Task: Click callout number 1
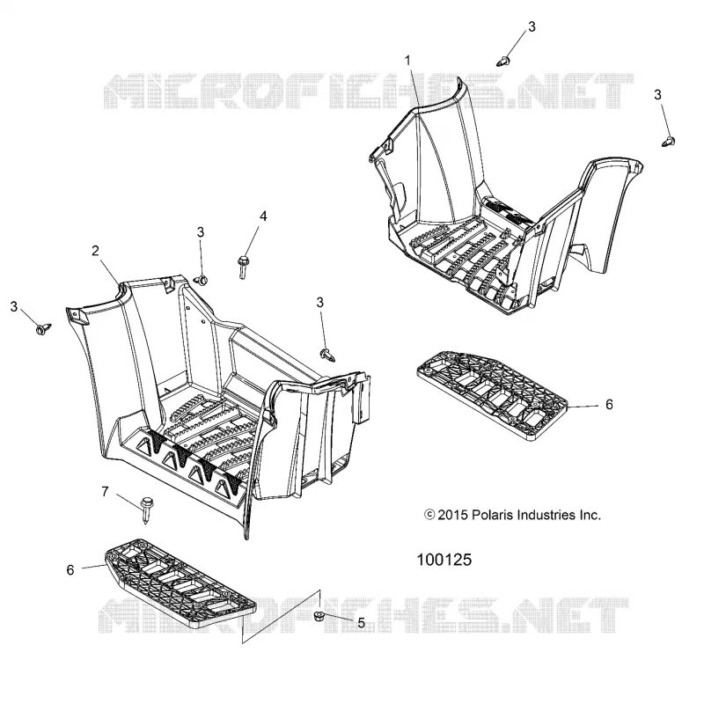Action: [x=407, y=60]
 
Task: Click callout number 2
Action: [x=95, y=251]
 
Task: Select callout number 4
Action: [x=263, y=216]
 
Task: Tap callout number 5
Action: [x=362, y=623]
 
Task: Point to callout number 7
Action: [x=105, y=492]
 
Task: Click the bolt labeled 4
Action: [x=243, y=267]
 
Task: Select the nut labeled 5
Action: [x=319, y=615]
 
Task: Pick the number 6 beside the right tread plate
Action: [x=609, y=405]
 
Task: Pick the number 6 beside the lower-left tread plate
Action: [x=70, y=569]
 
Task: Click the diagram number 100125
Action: [x=444, y=560]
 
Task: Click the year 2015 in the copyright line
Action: [x=452, y=515]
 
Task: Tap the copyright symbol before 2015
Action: [x=429, y=515]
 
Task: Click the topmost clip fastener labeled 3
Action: [x=504, y=61]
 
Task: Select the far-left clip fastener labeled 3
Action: [x=43, y=329]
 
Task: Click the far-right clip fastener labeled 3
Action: [x=669, y=141]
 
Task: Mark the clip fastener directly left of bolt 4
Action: [x=202, y=280]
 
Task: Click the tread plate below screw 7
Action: [x=180, y=583]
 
